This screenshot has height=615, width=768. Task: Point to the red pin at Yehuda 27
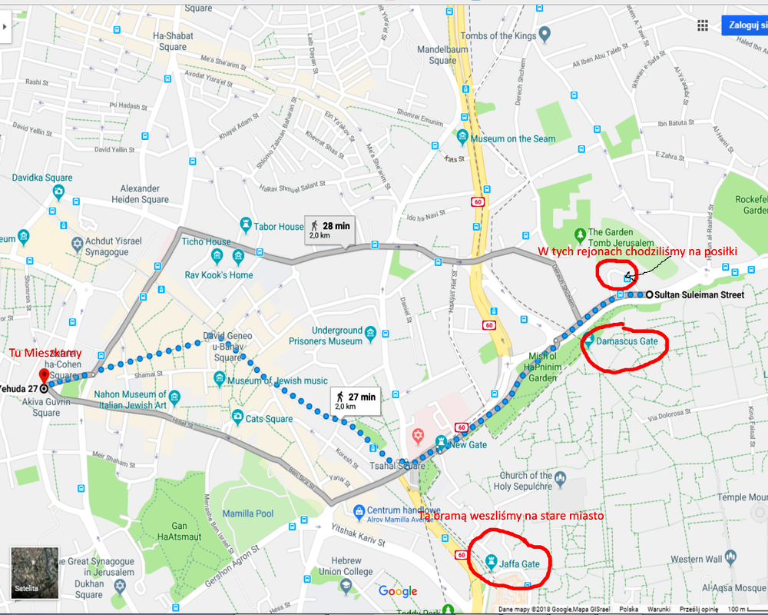43,376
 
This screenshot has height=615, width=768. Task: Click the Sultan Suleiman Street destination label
700,294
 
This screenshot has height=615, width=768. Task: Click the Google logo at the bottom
398,591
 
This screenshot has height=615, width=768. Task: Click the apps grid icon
702,25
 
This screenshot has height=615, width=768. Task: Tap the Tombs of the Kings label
498,35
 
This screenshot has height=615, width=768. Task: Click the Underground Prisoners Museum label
336,336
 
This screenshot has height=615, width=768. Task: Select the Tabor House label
279,226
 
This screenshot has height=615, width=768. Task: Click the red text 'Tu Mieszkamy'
45,353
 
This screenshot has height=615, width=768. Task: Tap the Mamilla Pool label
248,514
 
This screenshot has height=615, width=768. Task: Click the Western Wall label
696,559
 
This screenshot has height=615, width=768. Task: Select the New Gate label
468,444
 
